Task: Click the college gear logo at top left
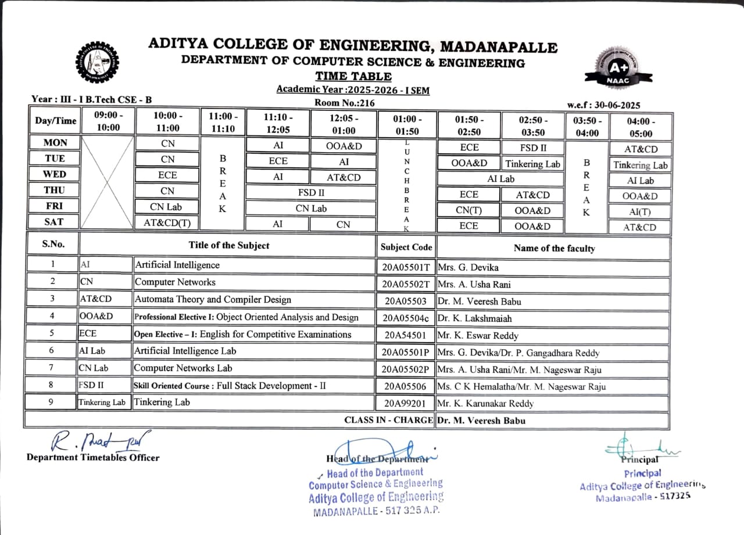[x=97, y=62]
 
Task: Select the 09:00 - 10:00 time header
[x=109, y=121]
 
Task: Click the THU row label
[x=54, y=190]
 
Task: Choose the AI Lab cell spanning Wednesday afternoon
[x=500, y=179]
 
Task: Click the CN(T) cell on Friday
[x=468, y=211]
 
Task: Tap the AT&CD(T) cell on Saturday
[x=167, y=222]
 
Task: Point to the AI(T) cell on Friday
[x=640, y=212]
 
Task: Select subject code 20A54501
[x=406, y=335]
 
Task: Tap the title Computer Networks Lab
[x=183, y=368]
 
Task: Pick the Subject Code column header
[x=406, y=247]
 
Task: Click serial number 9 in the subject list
[x=52, y=402]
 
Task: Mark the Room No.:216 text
[x=344, y=103]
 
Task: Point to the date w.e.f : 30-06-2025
[x=603, y=105]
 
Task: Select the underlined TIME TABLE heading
[x=353, y=76]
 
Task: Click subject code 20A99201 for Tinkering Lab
[x=406, y=403]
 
